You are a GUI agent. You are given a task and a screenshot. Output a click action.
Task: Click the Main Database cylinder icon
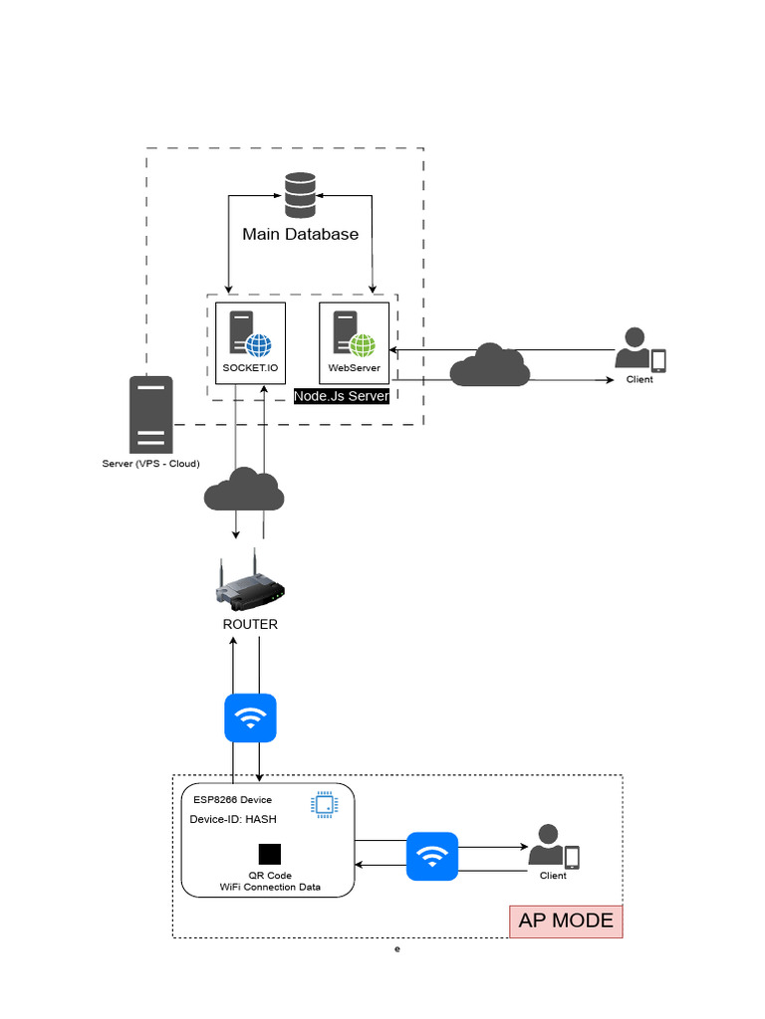300,195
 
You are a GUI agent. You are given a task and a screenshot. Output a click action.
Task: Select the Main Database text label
300,235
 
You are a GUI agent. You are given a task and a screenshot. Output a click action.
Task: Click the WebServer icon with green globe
354,335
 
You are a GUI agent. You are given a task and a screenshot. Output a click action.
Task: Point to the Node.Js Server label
341,396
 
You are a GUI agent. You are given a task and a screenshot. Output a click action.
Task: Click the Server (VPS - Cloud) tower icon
150,414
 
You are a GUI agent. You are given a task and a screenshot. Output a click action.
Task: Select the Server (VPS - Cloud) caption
150,464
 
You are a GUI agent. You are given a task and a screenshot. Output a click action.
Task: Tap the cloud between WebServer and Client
489,365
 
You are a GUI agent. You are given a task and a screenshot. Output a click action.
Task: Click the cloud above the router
244,490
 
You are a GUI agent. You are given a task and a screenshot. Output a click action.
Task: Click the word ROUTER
250,624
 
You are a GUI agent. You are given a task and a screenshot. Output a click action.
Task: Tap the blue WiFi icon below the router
250,718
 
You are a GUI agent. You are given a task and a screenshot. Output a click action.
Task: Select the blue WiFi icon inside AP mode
432,856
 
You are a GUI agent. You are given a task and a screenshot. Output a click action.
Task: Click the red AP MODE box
566,920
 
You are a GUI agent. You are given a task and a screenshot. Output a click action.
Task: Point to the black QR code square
269,854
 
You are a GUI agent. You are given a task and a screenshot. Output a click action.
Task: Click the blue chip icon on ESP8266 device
323,804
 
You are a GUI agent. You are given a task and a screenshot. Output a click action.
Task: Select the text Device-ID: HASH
233,819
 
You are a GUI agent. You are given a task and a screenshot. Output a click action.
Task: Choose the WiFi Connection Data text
270,887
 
